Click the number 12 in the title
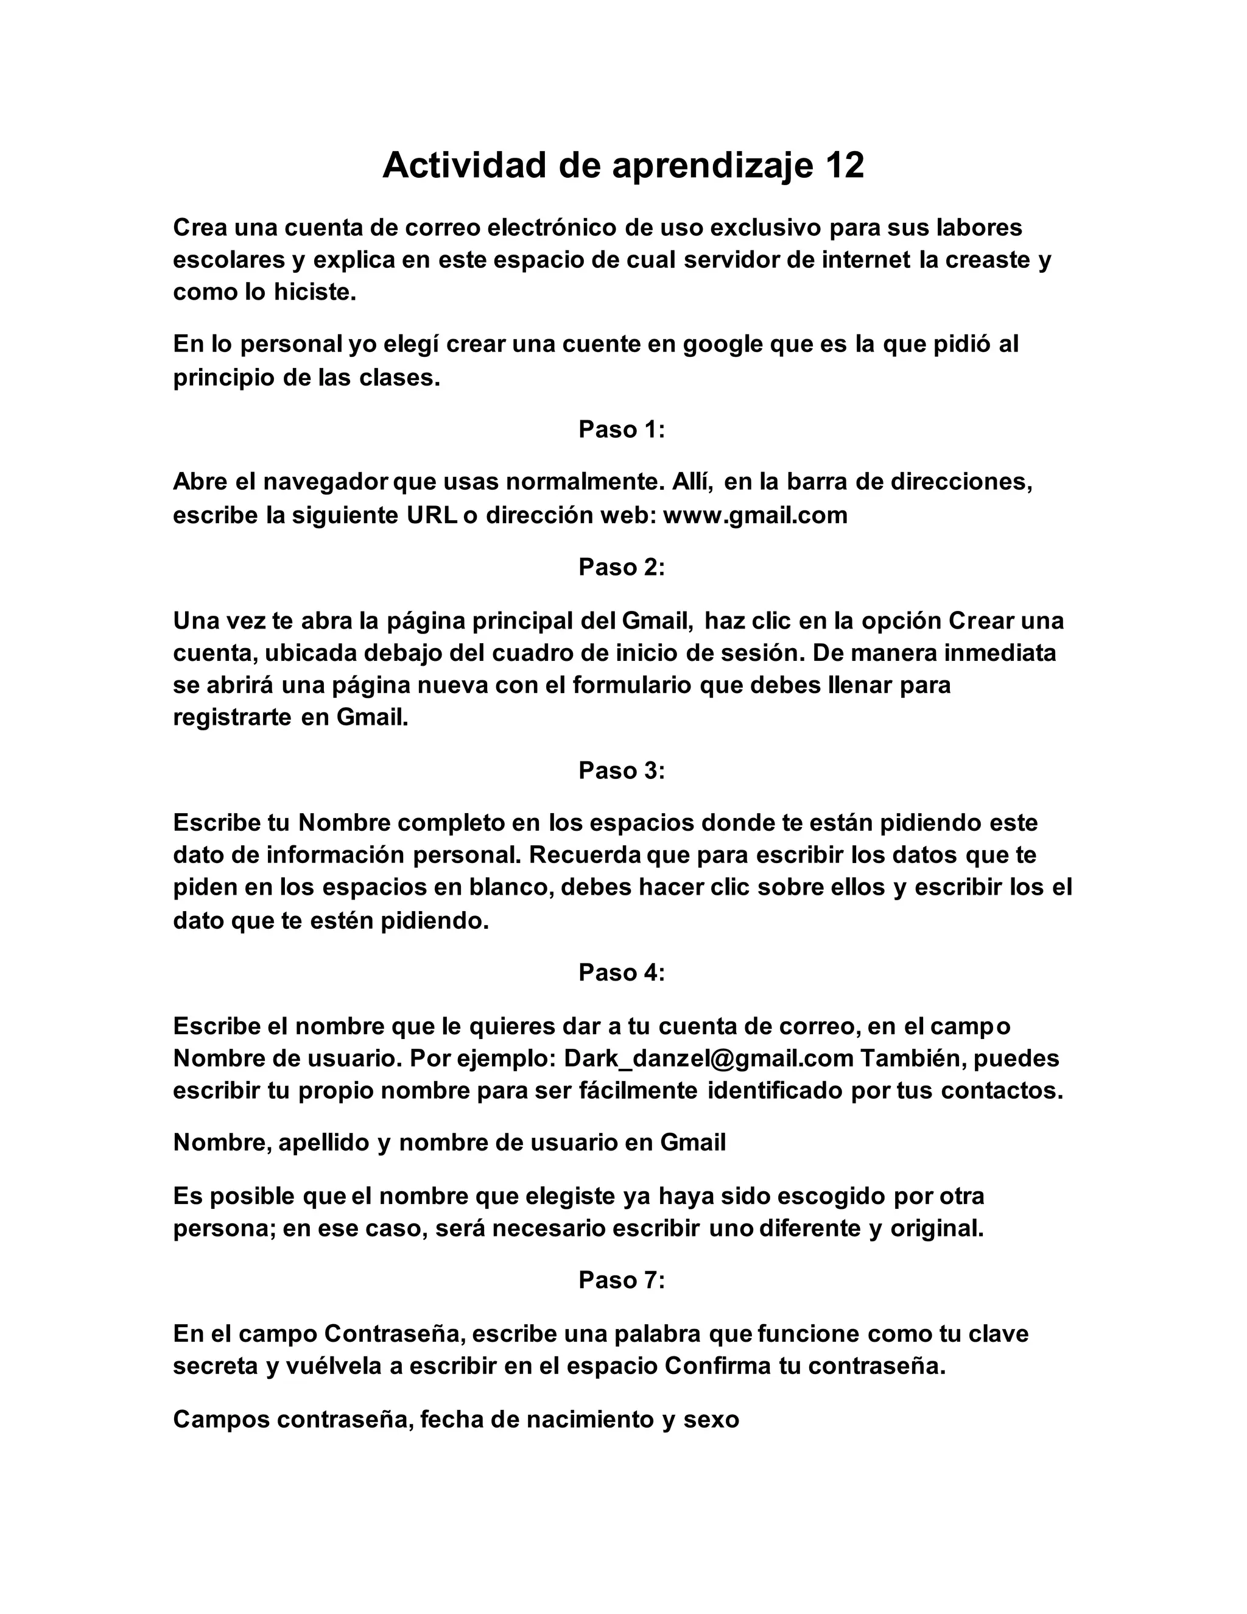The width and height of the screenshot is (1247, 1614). pyautogui.click(x=845, y=166)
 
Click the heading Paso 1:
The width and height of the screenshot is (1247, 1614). pyautogui.click(x=622, y=429)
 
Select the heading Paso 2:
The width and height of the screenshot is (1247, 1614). pyautogui.click(x=622, y=567)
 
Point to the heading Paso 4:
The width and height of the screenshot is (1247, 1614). pyautogui.click(x=622, y=973)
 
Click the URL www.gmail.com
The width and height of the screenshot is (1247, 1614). pyautogui.click(x=755, y=515)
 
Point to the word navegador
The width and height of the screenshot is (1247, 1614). pyautogui.click(x=326, y=482)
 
